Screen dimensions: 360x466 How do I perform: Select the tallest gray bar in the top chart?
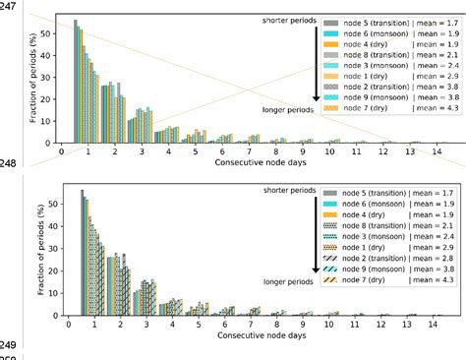77,82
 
